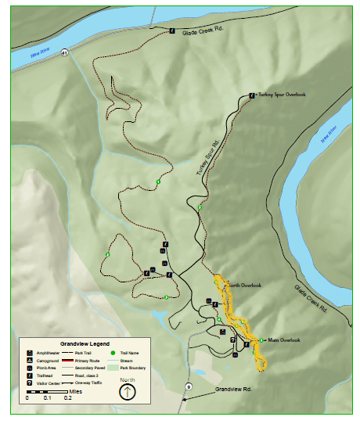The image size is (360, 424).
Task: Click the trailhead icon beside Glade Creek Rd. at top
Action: (171, 31)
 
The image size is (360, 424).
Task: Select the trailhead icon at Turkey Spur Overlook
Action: (251, 95)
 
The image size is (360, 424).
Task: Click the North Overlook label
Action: (243, 285)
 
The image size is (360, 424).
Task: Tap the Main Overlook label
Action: (284, 340)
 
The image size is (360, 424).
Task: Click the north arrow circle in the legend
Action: (127, 390)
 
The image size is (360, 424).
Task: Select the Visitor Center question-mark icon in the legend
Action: (29, 383)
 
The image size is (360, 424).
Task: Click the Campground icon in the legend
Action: (29, 360)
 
